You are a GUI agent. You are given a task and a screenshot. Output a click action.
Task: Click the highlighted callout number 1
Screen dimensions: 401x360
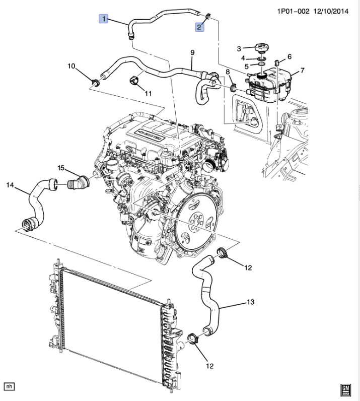pos(104,19)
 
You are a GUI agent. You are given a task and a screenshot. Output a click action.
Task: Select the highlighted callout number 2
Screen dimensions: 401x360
pos(200,27)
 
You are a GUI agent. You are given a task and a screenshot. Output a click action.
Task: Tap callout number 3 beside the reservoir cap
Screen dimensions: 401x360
pos(241,48)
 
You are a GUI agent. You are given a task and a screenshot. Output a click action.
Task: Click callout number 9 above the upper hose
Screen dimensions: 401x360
pos(192,52)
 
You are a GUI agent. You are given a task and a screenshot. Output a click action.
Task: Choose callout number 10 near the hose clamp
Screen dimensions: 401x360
pos(71,66)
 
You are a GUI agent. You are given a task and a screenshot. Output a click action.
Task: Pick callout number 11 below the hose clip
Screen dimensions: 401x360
pos(149,93)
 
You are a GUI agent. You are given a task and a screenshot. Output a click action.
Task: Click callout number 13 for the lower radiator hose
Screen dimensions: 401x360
pos(250,302)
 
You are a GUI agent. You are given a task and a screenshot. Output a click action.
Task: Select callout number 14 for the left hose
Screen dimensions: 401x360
pos(10,185)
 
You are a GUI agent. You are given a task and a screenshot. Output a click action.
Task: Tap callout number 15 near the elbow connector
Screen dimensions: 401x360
pos(61,167)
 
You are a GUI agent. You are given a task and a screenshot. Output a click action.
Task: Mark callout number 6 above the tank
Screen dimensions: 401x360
pos(290,56)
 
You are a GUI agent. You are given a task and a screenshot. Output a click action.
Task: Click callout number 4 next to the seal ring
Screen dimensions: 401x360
pos(242,58)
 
